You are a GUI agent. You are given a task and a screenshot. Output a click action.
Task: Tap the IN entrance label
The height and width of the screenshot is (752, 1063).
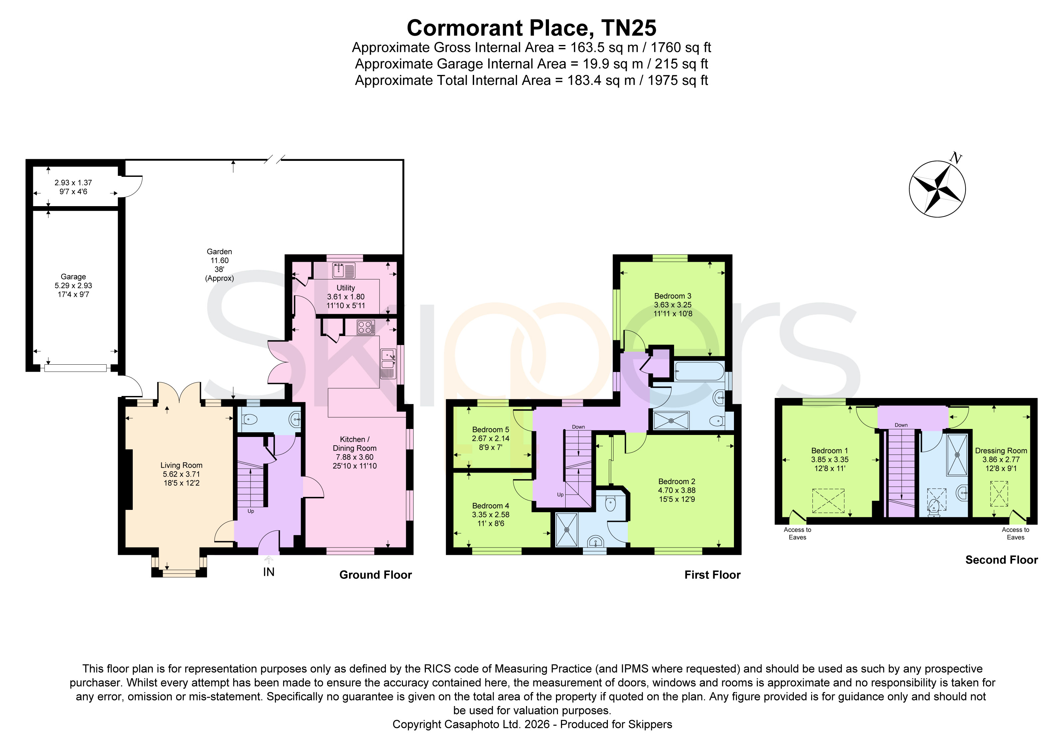pos(268,572)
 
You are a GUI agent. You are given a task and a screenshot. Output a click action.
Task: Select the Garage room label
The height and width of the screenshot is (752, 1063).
pos(73,277)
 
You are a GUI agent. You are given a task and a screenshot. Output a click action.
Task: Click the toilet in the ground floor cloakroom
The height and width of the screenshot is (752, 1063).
pos(250,420)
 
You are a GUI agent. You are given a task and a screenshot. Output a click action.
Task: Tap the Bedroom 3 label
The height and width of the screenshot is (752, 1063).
pos(673,296)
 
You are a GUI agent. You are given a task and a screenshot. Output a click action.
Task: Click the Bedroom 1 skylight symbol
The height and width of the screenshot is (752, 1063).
pos(828,501)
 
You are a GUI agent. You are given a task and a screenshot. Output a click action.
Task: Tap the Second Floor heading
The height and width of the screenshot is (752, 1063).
pos(1001,560)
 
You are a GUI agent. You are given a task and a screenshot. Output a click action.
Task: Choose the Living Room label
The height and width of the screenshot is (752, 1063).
pos(181,465)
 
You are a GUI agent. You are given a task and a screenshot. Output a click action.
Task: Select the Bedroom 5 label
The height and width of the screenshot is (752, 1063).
pos(491,430)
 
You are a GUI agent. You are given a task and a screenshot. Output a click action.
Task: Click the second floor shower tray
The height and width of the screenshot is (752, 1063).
pos(957,455)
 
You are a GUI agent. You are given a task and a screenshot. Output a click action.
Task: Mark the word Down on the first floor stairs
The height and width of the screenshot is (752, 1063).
pos(578,427)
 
